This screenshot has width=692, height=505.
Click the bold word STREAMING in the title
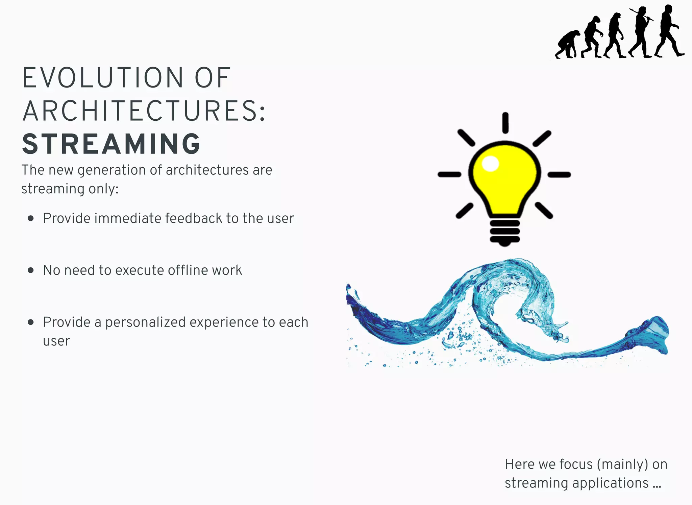point(112,144)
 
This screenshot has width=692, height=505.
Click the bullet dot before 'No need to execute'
point(31,270)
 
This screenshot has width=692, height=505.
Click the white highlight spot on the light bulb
point(490,164)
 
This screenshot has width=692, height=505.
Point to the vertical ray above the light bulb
point(505,123)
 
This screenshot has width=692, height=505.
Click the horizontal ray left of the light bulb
point(449,175)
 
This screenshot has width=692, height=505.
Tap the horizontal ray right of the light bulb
point(559,175)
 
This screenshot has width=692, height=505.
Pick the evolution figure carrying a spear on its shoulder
point(640,32)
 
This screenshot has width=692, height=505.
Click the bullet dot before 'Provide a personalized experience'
point(31,322)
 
